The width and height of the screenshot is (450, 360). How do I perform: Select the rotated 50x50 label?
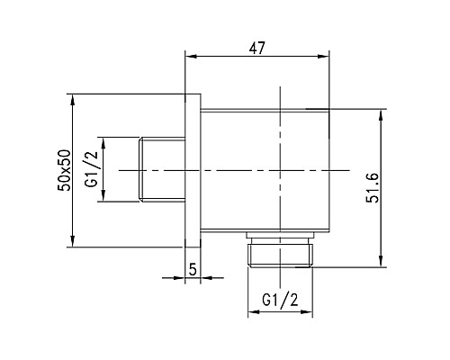(x=64, y=169)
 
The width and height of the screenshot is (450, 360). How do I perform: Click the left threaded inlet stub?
(x=162, y=169)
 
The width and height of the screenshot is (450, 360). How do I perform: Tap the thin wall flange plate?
(x=193, y=169)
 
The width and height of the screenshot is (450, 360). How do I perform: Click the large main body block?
(x=261, y=171)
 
